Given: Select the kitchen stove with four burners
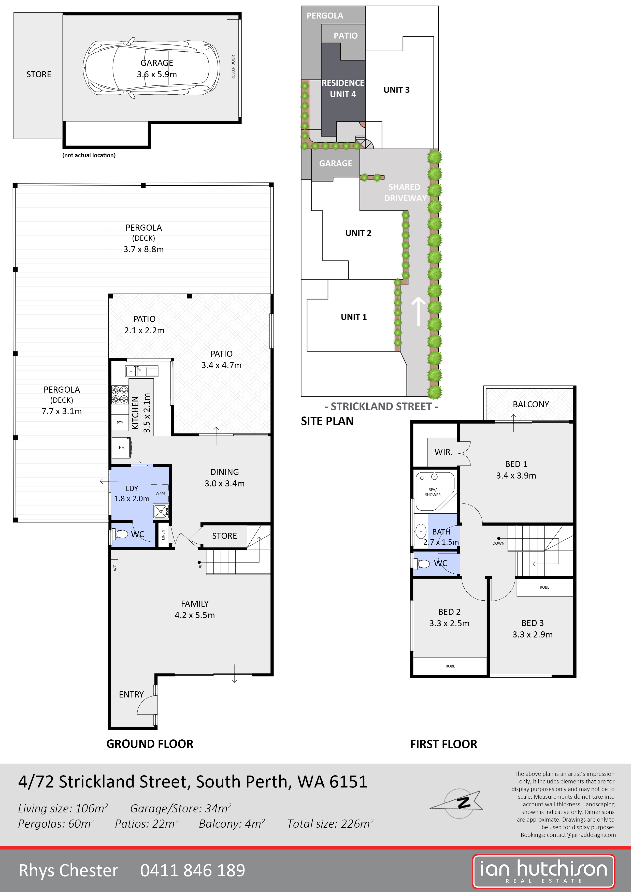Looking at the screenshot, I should coord(120,395).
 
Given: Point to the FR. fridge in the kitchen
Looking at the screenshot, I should coord(122,448).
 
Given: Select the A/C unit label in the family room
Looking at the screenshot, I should coord(115,568).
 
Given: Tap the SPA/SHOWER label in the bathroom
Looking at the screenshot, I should coord(433,492).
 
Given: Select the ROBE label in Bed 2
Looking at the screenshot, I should coord(450,666).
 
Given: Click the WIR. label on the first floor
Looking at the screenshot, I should coord(443,452).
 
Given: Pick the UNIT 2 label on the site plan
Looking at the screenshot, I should coord(358,233).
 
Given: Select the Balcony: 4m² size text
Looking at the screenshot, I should coord(232,824).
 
